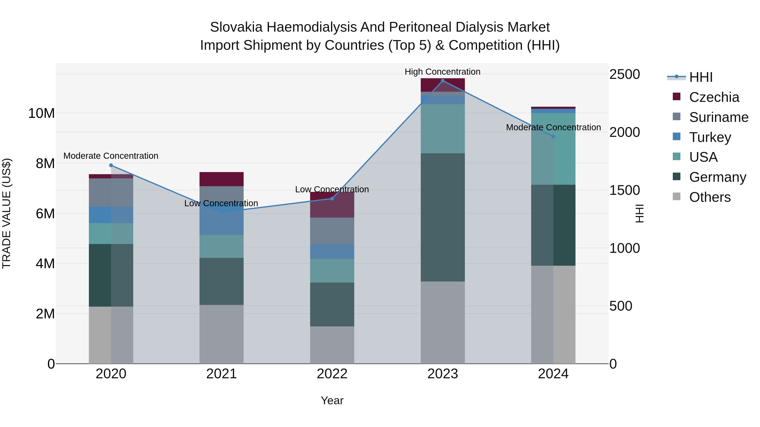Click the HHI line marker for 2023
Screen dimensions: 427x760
tap(442, 81)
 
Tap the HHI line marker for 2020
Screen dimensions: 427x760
tap(111, 165)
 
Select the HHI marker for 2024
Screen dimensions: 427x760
tap(553, 136)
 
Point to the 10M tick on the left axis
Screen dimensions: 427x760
tap(41, 113)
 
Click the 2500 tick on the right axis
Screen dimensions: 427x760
tap(625, 74)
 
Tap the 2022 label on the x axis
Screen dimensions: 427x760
tap(332, 374)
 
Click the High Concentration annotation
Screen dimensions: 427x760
tap(442, 72)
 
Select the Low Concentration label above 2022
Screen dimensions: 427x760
tap(332, 189)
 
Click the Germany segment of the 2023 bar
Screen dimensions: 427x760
tap(442, 217)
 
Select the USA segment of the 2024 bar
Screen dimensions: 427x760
tap(553, 149)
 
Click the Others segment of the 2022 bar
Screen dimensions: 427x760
tap(332, 345)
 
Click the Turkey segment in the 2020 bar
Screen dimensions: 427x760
tap(111, 215)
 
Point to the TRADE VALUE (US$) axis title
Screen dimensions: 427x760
tap(7, 213)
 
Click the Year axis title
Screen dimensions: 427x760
tap(332, 400)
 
